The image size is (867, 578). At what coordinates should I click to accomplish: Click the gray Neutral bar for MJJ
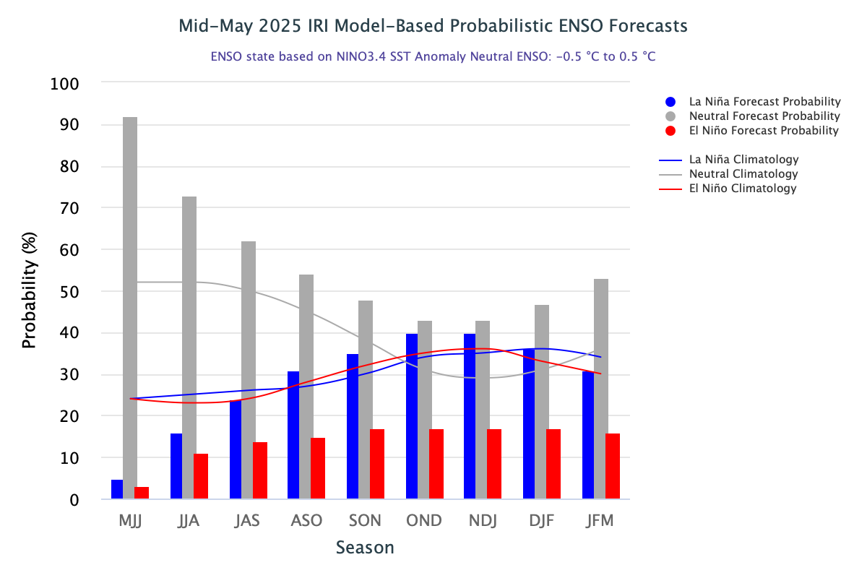(x=130, y=307)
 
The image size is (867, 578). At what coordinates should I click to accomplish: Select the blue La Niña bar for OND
(x=412, y=416)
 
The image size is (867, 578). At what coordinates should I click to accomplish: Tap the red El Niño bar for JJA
(x=201, y=476)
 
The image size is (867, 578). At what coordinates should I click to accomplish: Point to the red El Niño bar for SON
(x=377, y=464)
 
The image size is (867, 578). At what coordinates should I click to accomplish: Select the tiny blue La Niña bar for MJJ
(x=117, y=489)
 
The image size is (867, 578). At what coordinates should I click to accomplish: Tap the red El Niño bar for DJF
(x=553, y=464)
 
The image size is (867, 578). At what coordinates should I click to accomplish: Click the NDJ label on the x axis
(x=483, y=520)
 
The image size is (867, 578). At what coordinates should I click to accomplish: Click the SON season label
(x=365, y=520)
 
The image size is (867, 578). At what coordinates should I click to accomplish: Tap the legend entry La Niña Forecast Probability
(x=764, y=102)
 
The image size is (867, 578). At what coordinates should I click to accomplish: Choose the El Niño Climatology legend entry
(x=743, y=189)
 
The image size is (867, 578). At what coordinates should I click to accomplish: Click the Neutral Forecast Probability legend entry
(x=764, y=116)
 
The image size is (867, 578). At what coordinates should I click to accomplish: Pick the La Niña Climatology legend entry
(x=743, y=160)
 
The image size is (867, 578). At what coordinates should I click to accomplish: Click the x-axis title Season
(x=365, y=548)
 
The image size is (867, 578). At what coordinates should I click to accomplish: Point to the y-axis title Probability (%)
(x=29, y=291)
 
